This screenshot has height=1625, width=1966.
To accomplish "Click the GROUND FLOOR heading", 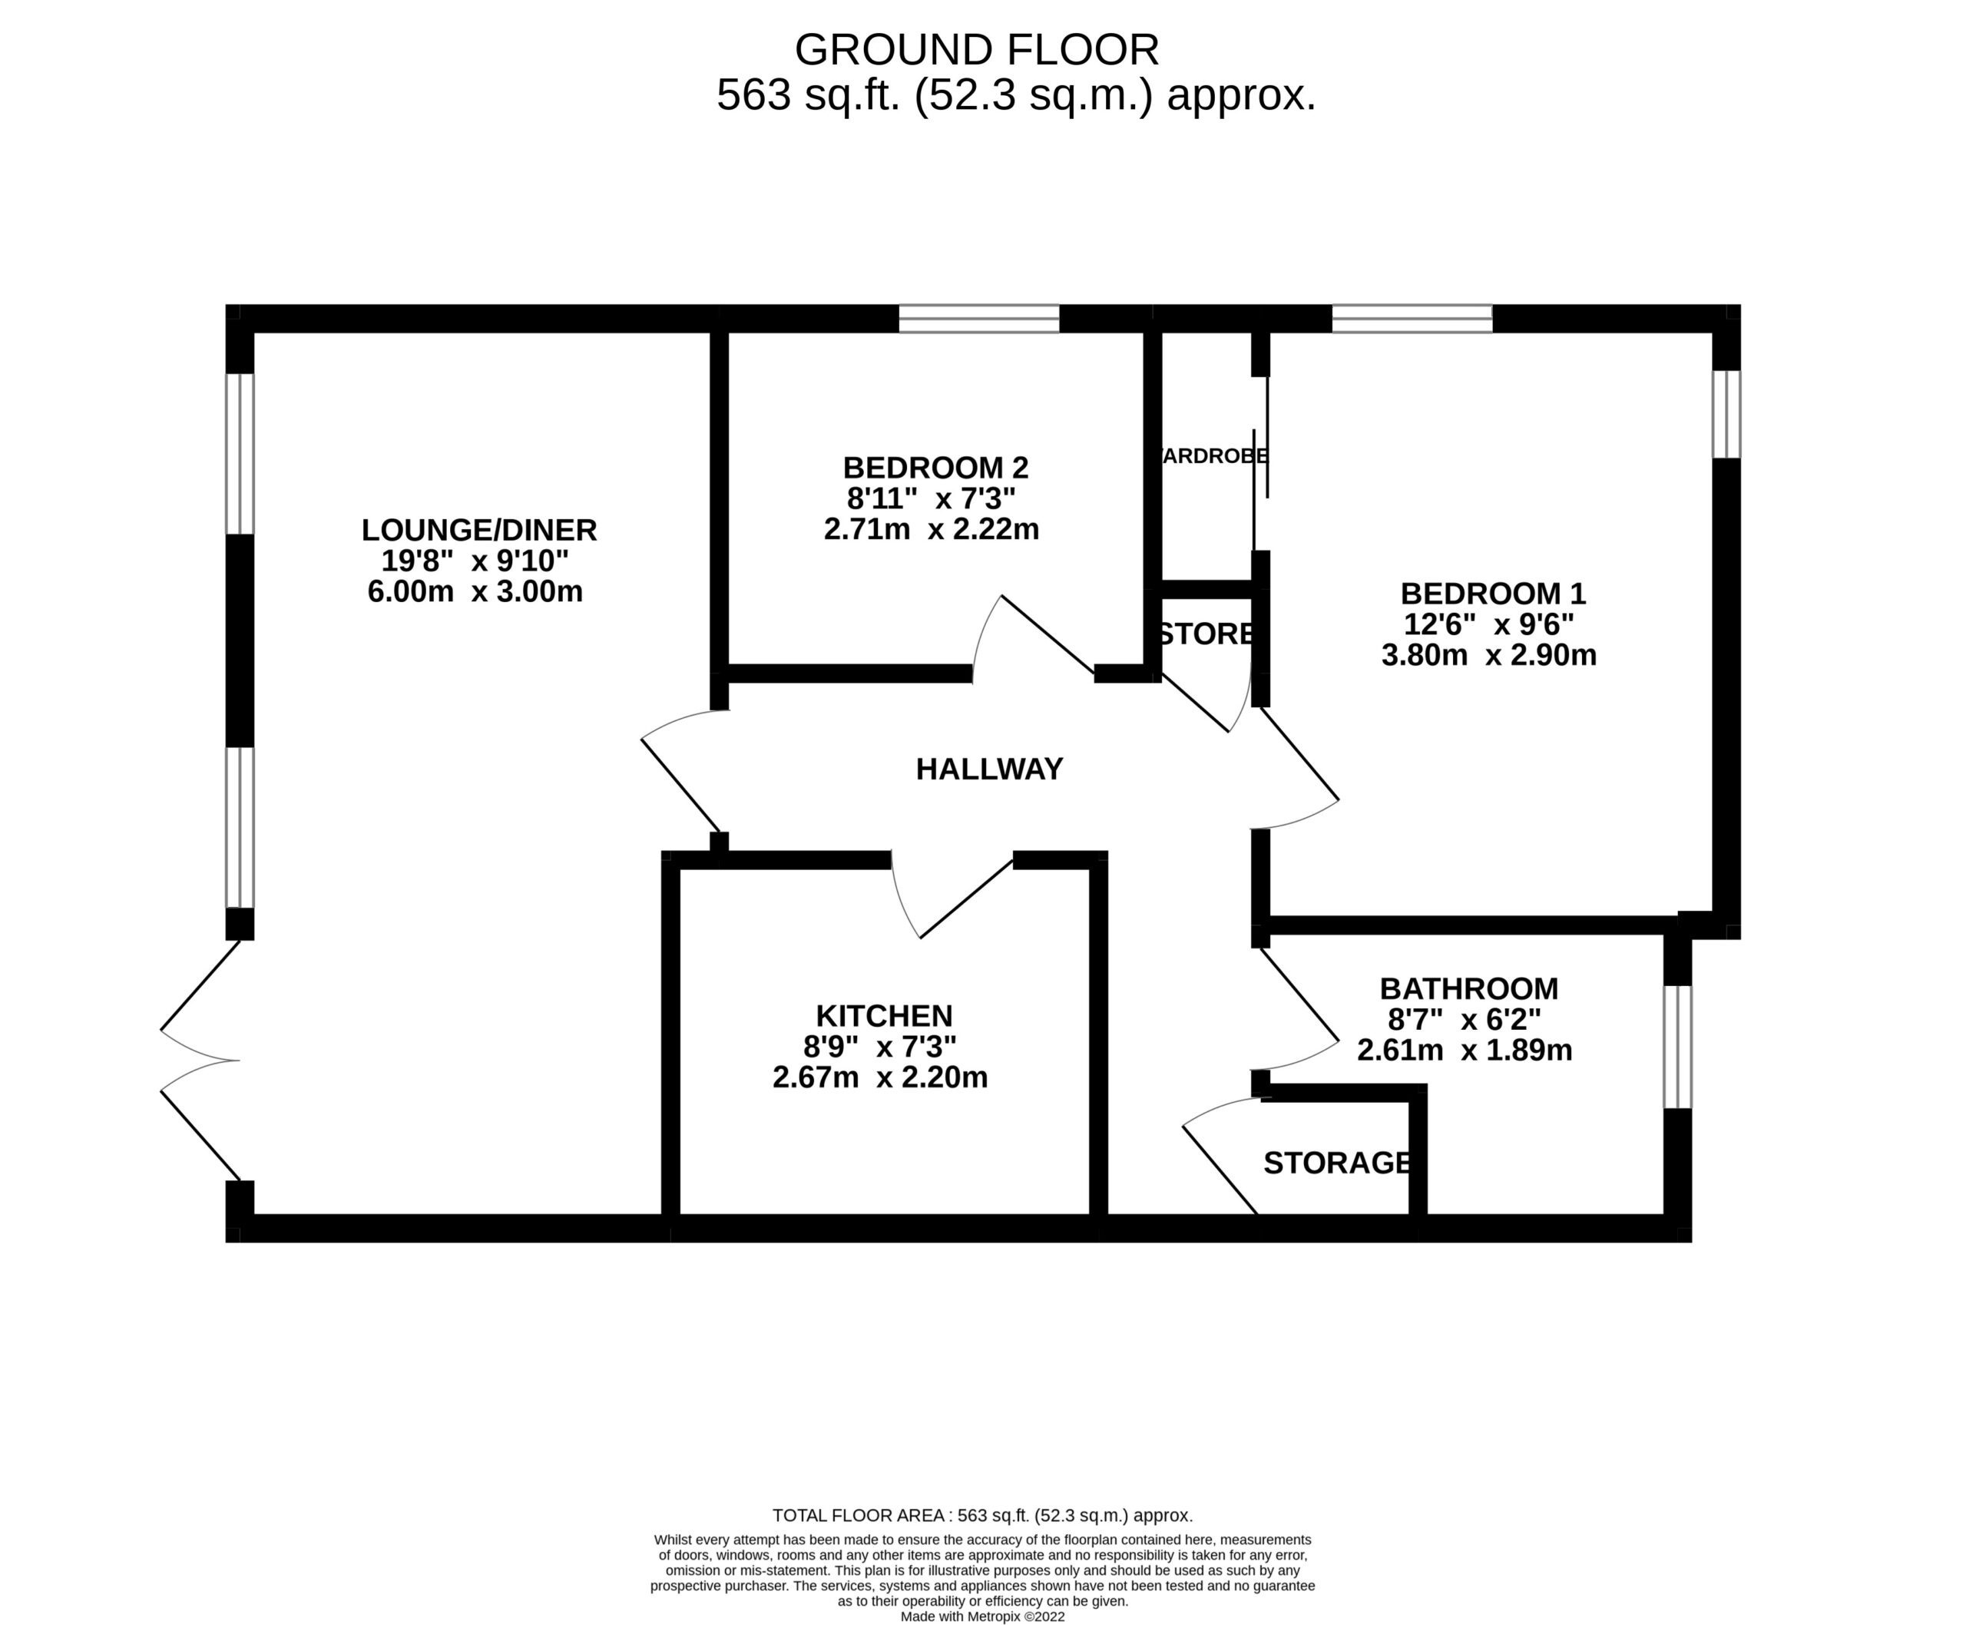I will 976,50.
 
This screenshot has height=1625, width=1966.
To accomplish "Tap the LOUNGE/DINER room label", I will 478,530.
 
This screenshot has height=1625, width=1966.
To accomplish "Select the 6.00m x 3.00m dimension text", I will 475,591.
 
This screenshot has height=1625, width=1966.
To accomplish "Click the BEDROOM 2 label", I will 935,467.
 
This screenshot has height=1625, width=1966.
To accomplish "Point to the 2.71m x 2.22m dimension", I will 931,530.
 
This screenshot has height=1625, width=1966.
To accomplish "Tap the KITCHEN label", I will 884,1015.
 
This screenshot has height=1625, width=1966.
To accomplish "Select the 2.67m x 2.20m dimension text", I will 879,1077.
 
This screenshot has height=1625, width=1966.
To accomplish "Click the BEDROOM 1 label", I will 1492,594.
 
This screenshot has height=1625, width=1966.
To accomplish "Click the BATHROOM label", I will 1468,988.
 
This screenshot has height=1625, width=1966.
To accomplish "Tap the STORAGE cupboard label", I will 1337,1163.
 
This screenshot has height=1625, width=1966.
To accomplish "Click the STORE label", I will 1206,634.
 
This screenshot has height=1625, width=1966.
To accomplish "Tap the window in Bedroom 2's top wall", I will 978,318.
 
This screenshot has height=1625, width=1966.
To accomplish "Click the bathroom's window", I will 1676,1047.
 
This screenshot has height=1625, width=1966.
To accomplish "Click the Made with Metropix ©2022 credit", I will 982,1616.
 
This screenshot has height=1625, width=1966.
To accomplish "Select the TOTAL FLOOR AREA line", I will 982,1514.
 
